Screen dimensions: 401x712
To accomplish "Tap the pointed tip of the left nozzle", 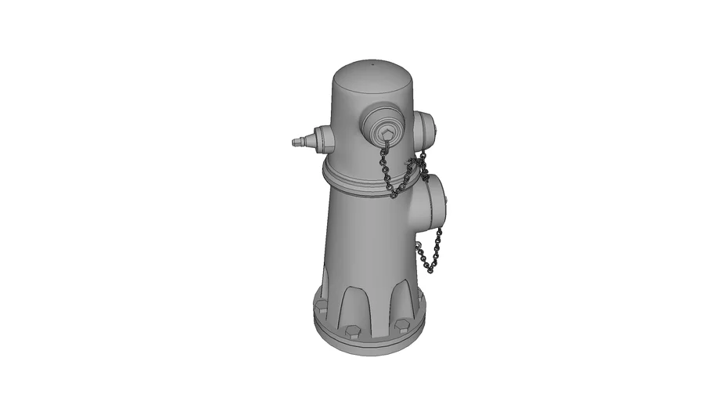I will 293,143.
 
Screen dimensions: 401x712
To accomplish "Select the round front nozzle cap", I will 383,125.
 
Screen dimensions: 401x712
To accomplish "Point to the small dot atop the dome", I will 372,61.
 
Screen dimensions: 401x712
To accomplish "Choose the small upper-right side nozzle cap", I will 423,129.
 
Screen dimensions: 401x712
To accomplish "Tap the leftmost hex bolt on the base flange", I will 320,305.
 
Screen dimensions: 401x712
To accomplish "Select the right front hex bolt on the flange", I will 401,324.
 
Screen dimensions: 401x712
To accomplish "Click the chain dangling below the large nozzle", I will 429,251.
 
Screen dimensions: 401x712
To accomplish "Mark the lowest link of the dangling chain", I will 430,270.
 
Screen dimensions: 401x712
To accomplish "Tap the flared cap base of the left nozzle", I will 323,139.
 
